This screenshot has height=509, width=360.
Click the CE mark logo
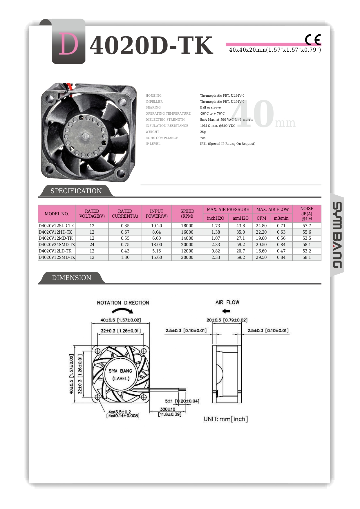pos(313,40)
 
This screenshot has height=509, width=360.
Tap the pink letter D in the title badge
pos(69,44)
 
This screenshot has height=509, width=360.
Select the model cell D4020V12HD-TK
pos(55,232)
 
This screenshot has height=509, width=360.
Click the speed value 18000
pos(187,226)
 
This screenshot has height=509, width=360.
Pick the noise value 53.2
pos(307,251)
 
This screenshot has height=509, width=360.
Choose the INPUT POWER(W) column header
pos(157,214)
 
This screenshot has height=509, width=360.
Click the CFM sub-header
pos(261,218)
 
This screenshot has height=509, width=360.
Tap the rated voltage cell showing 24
pos(92,245)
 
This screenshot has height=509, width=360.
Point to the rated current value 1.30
pos(125,257)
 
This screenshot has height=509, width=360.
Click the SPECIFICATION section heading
pos(76,191)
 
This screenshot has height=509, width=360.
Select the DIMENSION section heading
pos(71,278)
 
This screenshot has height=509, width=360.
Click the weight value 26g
pos(203,132)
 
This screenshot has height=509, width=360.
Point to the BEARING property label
pos(153,107)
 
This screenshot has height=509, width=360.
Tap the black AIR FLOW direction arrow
pos(226,311)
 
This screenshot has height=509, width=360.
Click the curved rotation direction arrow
pos(123,311)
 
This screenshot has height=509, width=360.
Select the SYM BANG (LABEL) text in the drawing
pos(120,375)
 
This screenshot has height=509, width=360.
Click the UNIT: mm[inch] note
pos(226,419)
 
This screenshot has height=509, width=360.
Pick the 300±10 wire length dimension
pos(168,409)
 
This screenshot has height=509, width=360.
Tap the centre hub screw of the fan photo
pos(85,136)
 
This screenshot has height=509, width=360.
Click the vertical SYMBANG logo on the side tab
pos(337,235)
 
